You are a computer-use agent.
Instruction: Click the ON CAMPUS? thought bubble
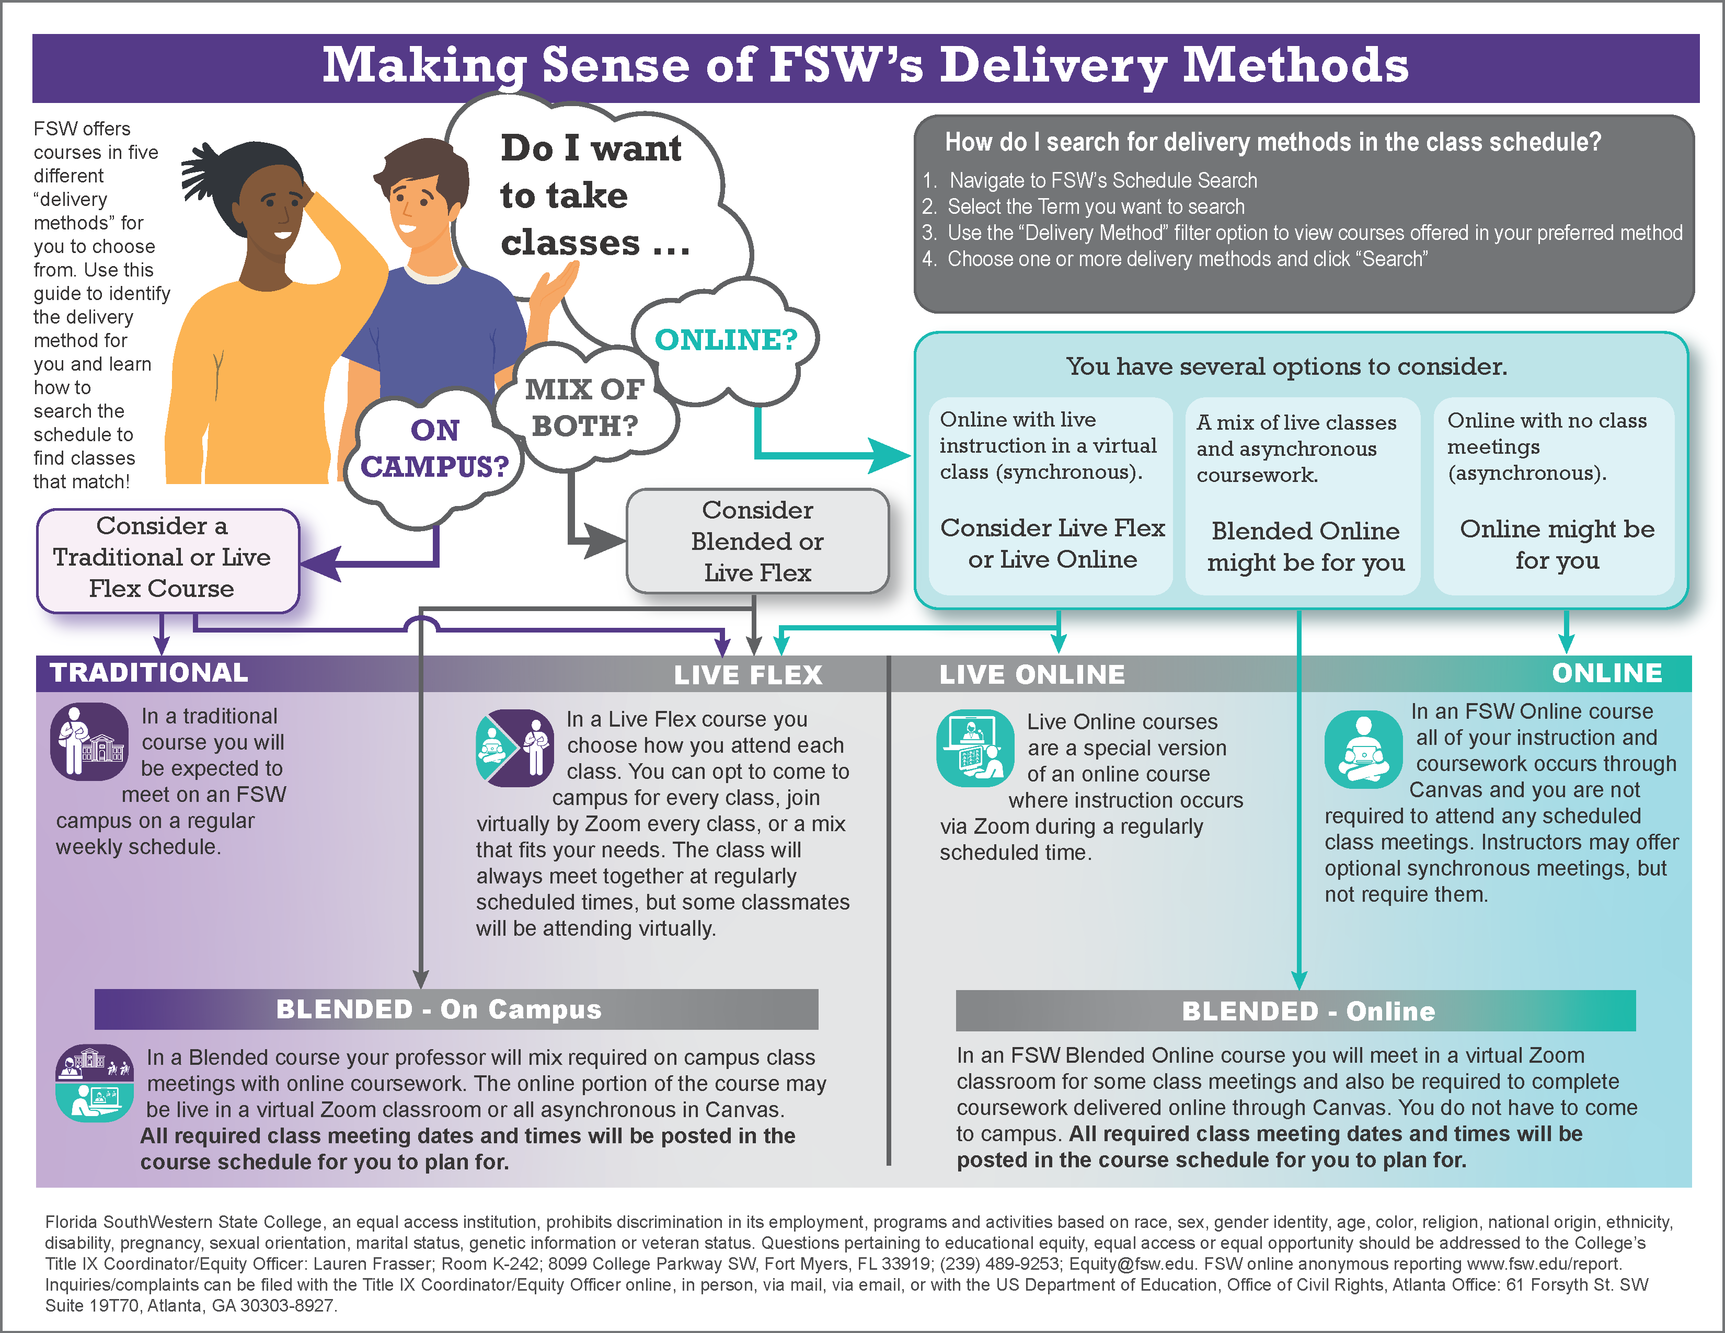click(x=434, y=449)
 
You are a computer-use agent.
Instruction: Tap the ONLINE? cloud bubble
click(x=725, y=340)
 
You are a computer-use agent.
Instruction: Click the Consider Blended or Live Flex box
click(x=757, y=542)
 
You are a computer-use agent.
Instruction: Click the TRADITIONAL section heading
click(x=148, y=673)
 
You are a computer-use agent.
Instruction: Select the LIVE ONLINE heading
click(x=1031, y=674)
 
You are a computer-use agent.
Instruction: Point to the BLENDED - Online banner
click(x=1307, y=1011)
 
